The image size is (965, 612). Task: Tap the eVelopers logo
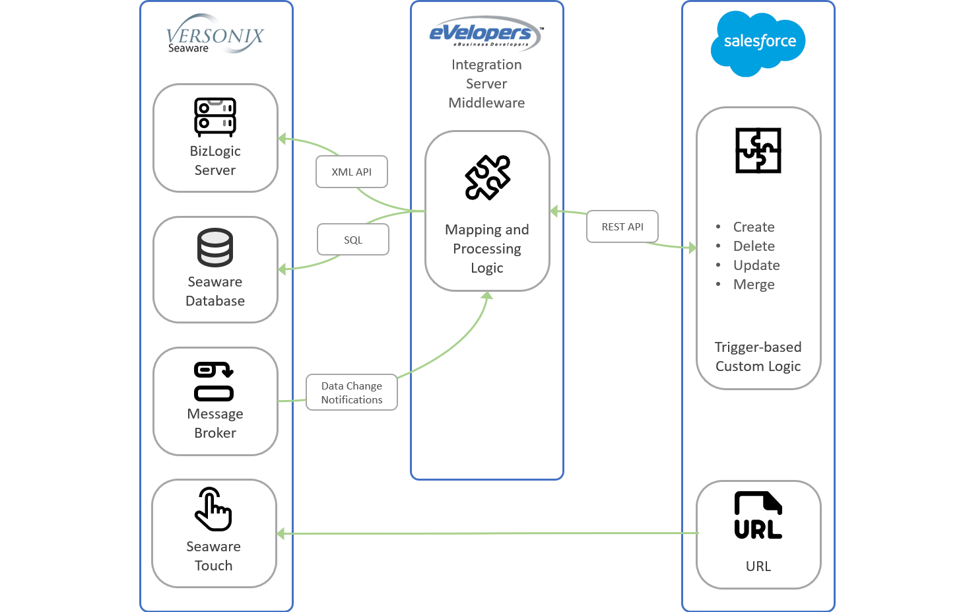(x=486, y=33)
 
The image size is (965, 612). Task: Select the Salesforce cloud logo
(x=758, y=43)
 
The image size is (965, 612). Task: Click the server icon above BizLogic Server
(x=215, y=117)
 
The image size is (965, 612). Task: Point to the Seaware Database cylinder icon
(x=215, y=248)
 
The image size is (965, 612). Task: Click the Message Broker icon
(x=214, y=382)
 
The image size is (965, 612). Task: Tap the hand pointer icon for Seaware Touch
(x=213, y=509)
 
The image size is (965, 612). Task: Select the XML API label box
(x=352, y=172)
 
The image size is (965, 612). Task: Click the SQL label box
(x=353, y=240)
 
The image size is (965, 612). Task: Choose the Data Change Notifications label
(x=352, y=393)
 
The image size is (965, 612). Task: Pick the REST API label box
(x=622, y=226)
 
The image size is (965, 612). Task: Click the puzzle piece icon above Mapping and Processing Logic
(x=488, y=177)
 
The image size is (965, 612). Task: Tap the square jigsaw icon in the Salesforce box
(x=758, y=151)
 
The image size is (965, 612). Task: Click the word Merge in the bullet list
(x=754, y=285)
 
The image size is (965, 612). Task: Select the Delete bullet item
(x=754, y=246)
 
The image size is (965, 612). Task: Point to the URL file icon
(x=758, y=516)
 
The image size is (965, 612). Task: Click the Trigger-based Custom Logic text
(x=758, y=357)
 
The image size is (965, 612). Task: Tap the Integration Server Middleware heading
(x=486, y=84)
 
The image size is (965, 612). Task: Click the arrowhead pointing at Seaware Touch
(x=281, y=533)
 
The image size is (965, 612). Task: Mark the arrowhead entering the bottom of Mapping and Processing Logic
(x=487, y=296)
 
